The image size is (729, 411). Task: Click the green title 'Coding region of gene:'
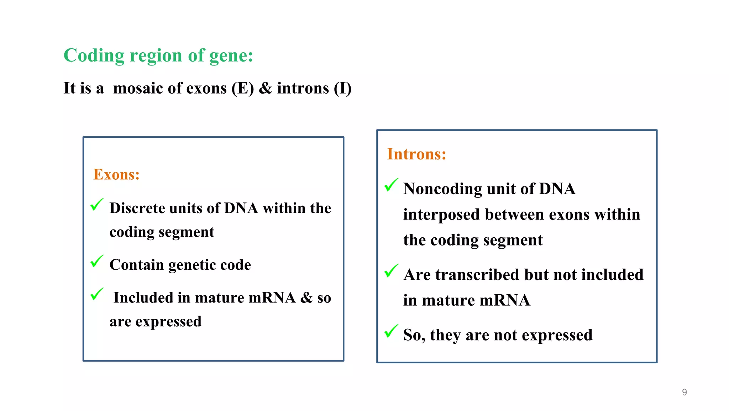click(158, 56)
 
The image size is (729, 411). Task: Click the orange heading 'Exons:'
click(116, 174)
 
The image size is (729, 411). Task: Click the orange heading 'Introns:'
click(416, 154)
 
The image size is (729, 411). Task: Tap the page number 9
click(684, 392)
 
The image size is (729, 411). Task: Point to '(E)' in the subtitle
click(243, 88)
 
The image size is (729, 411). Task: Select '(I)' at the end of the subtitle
click(342, 88)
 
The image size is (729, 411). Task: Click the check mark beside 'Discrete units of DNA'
click(97, 205)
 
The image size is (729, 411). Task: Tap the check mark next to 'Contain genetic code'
click(97, 261)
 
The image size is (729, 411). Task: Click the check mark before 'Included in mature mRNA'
click(97, 294)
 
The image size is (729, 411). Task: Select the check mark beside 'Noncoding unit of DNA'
click(391, 185)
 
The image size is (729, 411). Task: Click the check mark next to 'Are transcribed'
click(391, 271)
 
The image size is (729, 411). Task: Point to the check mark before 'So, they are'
click(391, 331)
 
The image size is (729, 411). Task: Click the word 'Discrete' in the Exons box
click(137, 208)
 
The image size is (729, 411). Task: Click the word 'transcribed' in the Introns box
click(477, 275)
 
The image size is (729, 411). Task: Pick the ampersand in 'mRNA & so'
click(306, 297)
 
